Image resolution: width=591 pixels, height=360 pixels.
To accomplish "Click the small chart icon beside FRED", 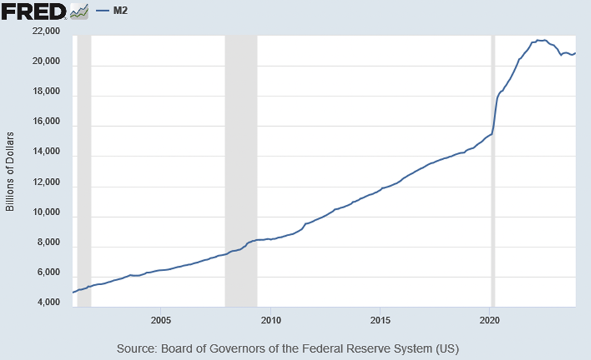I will (x=80, y=11).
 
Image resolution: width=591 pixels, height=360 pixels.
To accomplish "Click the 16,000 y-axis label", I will (x=47, y=123).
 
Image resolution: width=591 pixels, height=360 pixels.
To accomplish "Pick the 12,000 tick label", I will (x=47, y=183).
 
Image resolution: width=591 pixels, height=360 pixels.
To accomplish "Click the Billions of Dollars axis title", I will (x=10, y=168).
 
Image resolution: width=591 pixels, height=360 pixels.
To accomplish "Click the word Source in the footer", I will (x=135, y=349).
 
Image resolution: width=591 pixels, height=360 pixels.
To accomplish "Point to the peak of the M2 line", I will (x=540, y=40).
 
